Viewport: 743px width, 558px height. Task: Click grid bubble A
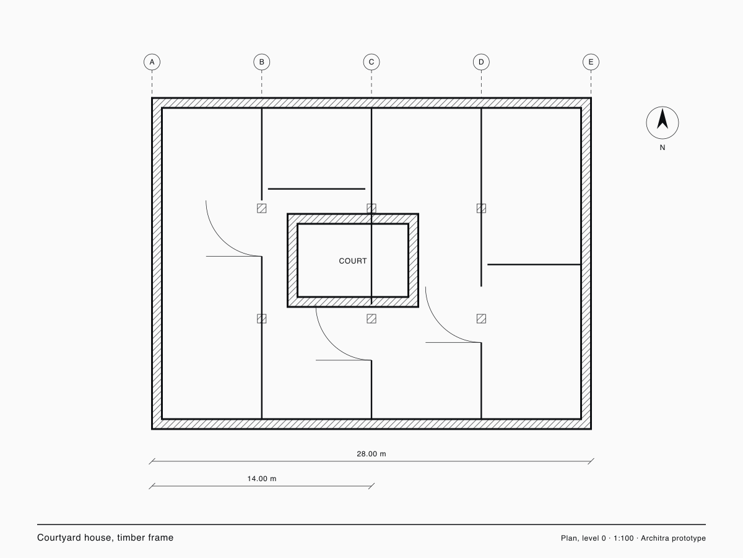152,62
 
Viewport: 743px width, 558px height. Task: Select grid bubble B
262,62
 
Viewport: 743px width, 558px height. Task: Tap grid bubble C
371,62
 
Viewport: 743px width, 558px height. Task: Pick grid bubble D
481,62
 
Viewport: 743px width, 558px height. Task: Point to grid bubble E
591,62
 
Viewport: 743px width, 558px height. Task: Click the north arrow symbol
662,123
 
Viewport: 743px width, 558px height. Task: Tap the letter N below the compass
662,148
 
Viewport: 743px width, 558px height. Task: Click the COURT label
353,261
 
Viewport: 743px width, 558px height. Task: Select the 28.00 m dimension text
371,454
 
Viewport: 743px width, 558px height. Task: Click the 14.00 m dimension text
262,479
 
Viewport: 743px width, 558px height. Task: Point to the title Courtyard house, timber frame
105,538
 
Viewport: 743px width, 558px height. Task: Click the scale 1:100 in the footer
624,538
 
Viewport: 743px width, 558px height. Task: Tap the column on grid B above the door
262,208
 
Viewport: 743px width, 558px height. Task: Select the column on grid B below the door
262,319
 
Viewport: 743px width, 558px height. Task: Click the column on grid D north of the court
481,208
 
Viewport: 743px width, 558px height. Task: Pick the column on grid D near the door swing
481,319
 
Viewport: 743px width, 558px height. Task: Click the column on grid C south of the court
371,319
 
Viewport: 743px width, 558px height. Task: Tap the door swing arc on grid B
222,240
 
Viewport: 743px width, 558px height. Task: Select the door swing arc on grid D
441,326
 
